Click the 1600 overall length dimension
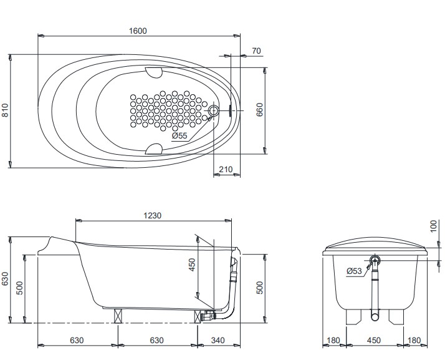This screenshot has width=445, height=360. pos(138,31)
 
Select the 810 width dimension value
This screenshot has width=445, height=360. pos(5,110)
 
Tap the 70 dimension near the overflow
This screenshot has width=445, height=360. pos(256,51)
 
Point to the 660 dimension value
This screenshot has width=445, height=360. pos(259,110)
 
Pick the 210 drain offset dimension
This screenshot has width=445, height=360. pos(226,169)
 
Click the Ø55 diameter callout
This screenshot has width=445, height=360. pos(179,136)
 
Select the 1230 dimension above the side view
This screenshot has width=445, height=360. pos(153,216)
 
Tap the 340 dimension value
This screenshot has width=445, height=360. pos(218,340)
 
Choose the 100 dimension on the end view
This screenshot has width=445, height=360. pos(434,226)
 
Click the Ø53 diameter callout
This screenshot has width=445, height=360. pos(354,271)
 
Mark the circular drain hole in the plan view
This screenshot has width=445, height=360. pos(213,110)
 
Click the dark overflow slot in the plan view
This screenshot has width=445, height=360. pos(230,110)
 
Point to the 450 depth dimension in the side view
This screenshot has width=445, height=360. pos(192,265)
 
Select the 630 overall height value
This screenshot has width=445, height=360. pos(5,280)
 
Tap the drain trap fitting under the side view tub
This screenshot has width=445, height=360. pos(208,315)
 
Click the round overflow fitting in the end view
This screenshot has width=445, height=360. pos(375,260)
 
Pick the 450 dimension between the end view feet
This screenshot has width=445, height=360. pos(374,340)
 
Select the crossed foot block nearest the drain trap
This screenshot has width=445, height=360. pos(198,316)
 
